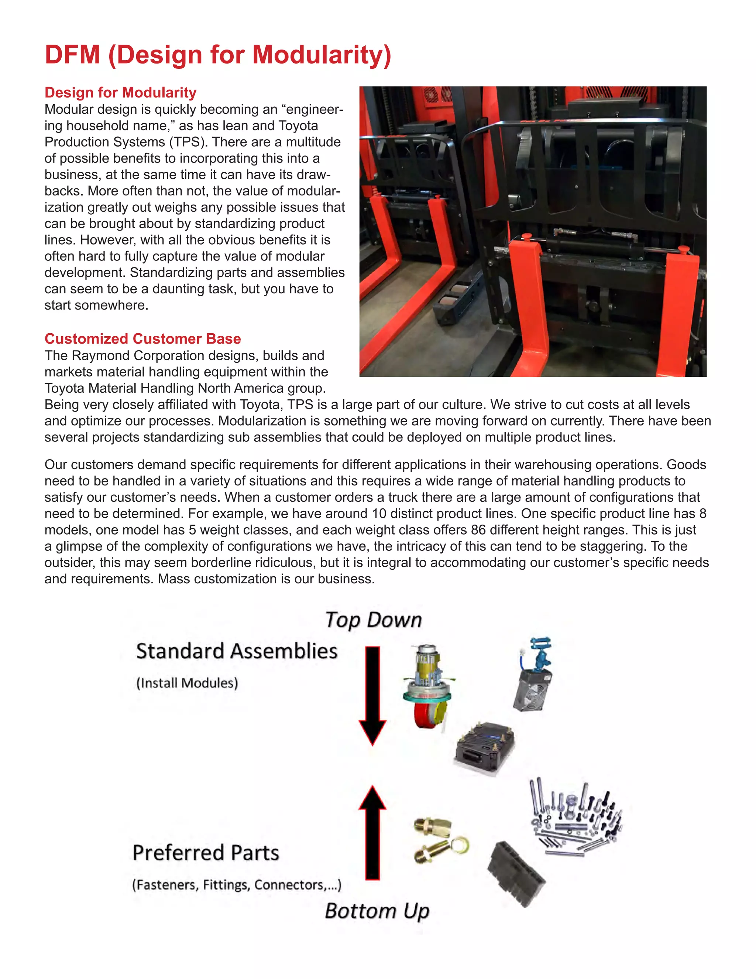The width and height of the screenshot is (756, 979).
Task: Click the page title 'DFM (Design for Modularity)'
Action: (x=218, y=55)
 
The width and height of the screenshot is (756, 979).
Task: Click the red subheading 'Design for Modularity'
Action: (x=120, y=92)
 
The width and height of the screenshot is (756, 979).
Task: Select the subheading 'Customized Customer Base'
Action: (x=142, y=338)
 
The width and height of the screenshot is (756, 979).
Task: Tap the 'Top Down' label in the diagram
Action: (x=374, y=620)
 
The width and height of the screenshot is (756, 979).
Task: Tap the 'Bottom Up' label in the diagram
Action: (x=377, y=911)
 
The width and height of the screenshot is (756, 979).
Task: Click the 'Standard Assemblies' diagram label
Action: (x=237, y=651)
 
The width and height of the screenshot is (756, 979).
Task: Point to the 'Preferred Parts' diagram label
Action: (x=206, y=853)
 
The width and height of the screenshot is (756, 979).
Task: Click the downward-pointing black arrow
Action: (x=372, y=695)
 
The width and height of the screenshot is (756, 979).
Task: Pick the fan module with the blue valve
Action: (x=533, y=675)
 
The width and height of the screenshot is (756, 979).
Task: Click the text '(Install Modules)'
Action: (x=187, y=683)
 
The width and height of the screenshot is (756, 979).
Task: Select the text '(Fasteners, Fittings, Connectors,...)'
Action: (x=237, y=884)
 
